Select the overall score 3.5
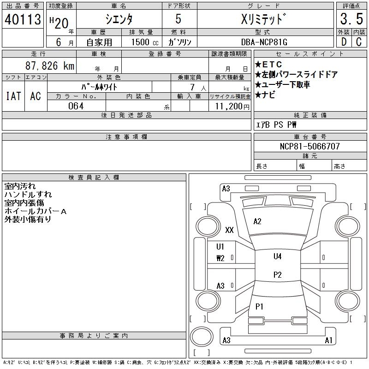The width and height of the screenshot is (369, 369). [351, 19]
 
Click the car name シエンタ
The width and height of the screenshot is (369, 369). [119, 19]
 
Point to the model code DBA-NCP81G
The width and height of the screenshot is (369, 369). [265, 42]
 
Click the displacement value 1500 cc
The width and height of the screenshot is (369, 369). [143, 42]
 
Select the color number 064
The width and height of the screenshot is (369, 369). [76, 106]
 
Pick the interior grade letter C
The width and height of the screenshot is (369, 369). [358, 42]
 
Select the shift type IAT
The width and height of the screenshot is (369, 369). [13, 96]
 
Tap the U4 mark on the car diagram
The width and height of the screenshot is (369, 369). [277, 256]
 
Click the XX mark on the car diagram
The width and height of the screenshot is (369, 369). [229, 230]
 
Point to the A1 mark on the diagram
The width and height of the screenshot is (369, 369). [328, 340]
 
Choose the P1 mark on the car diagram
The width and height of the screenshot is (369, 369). [259, 306]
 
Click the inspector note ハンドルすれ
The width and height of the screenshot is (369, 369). [28, 195]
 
